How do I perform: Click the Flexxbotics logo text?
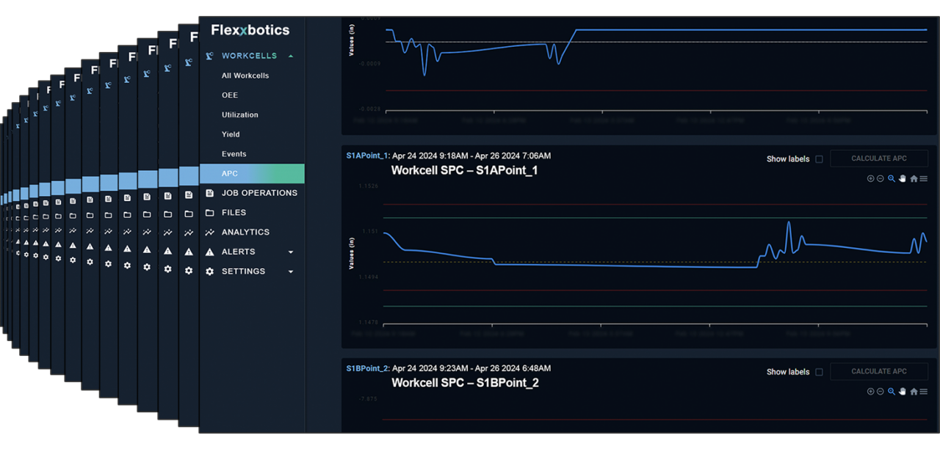point(250,30)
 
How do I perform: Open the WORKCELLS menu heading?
point(249,56)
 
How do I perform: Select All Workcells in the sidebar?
point(245,76)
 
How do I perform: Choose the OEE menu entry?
point(230,95)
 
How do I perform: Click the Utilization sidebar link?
point(240,115)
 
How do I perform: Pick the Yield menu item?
point(231,134)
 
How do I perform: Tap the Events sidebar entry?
point(234,154)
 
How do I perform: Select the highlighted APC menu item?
point(230,174)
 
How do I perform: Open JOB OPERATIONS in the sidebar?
point(259,193)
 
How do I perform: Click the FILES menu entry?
point(234,213)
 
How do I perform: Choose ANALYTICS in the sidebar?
point(245,232)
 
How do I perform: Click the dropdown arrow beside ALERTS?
point(291,252)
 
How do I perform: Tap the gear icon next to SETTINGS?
point(210,271)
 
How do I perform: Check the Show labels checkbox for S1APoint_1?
point(819,159)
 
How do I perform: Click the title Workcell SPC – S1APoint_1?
point(464,170)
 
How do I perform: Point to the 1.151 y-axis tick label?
point(369,232)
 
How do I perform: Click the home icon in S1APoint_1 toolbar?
point(914,179)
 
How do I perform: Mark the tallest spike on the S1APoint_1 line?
point(789,222)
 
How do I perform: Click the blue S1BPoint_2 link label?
point(367,368)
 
